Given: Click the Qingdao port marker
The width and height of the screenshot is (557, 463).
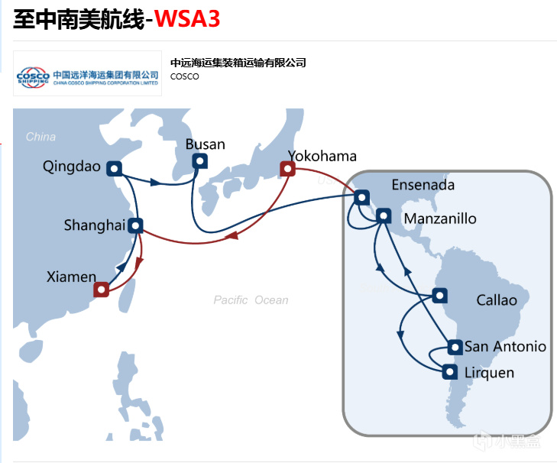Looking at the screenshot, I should [115, 168].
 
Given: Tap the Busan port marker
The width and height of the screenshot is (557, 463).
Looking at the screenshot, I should [199, 160].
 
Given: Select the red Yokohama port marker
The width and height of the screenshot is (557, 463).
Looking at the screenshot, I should [287, 169].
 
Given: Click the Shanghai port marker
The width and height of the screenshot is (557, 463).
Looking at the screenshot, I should [135, 225].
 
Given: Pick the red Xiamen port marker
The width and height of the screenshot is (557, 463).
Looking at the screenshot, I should [102, 290].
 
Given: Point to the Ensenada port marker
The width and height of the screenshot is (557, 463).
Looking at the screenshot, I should [361, 198].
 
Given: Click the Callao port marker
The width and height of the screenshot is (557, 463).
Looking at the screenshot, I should [439, 296].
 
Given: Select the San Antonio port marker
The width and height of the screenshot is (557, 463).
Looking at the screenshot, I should [455, 348].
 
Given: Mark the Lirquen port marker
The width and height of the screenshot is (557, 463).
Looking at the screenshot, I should [450, 372].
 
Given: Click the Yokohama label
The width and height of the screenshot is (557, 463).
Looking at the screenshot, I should [322, 157].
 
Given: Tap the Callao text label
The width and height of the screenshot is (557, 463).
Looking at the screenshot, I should [496, 300].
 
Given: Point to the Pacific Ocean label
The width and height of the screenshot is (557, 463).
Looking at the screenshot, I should [251, 300].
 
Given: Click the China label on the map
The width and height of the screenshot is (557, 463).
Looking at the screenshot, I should [40, 137].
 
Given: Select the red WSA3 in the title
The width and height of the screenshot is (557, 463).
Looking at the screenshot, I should [187, 19].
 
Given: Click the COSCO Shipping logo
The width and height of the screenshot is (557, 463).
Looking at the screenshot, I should [87, 74].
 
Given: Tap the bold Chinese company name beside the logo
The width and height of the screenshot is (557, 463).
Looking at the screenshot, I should [238, 63].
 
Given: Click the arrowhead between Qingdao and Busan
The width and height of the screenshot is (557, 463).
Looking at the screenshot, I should [157, 183].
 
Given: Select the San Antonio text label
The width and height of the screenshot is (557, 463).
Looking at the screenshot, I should [505, 347].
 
